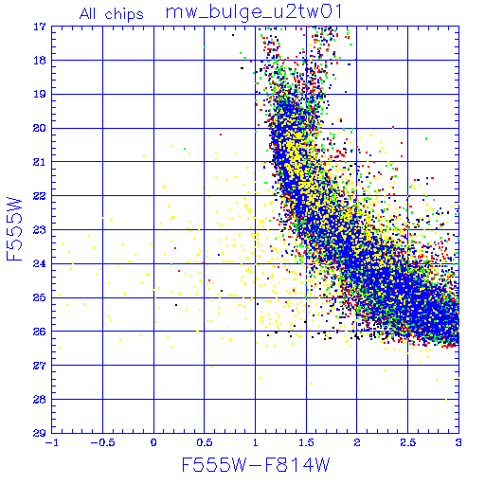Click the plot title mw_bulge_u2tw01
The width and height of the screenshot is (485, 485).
coord(254,12)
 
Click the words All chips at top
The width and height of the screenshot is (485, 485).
coord(112,14)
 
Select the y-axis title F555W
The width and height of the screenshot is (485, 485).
coord(14,229)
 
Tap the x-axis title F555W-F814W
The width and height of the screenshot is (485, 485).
coord(256,465)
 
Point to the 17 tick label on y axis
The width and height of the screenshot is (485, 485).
coord(40,27)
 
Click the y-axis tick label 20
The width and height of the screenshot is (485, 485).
coord(40,128)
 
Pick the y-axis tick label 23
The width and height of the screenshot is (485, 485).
coord(40,230)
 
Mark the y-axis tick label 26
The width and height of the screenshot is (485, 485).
coord(40,332)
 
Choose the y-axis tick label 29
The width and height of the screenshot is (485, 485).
coord(40,433)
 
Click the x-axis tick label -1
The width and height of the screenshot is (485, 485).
coord(52,442)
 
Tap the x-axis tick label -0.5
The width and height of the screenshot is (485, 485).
coord(102,442)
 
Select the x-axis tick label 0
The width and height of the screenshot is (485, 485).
coord(153,442)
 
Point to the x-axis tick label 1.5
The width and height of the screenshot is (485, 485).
coord(306,442)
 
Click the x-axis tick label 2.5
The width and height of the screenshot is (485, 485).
coord(408,442)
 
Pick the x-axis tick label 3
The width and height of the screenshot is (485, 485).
coord(458,442)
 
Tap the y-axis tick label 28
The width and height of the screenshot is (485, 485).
coord(40,400)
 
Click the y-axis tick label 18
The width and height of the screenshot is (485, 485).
coord(40,61)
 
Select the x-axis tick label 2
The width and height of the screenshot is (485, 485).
coord(357,442)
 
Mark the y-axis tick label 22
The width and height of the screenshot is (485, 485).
coord(40,196)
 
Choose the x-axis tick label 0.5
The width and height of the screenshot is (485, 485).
coord(205,442)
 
